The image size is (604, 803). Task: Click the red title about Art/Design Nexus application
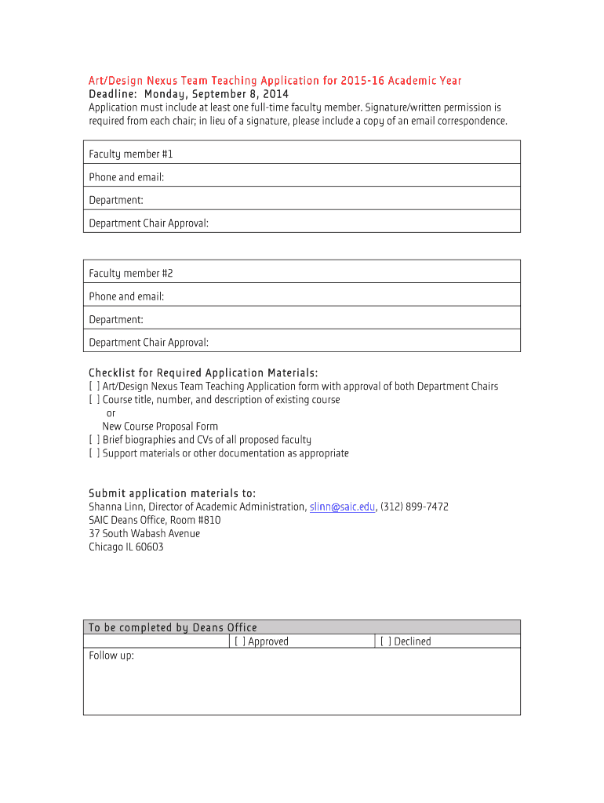[x=275, y=81]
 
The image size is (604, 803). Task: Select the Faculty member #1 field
[x=301, y=154]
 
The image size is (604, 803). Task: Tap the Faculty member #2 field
[x=301, y=273]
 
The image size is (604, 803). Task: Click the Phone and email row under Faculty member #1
[x=301, y=177]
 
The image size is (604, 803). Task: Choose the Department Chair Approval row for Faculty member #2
[x=301, y=342]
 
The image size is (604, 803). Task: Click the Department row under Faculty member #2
[x=301, y=319]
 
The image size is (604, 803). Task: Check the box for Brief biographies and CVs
[x=94, y=440]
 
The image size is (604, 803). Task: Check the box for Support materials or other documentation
[x=94, y=453]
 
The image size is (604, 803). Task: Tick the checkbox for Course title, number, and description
[x=94, y=400]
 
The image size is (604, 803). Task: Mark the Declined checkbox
[x=386, y=641]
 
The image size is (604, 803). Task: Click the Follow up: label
[x=111, y=656]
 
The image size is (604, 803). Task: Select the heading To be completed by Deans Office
[x=173, y=627]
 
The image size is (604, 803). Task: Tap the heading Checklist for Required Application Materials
[x=203, y=372]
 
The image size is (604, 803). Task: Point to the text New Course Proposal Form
[x=160, y=427]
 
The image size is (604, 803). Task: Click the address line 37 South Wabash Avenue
[x=144, y=533]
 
